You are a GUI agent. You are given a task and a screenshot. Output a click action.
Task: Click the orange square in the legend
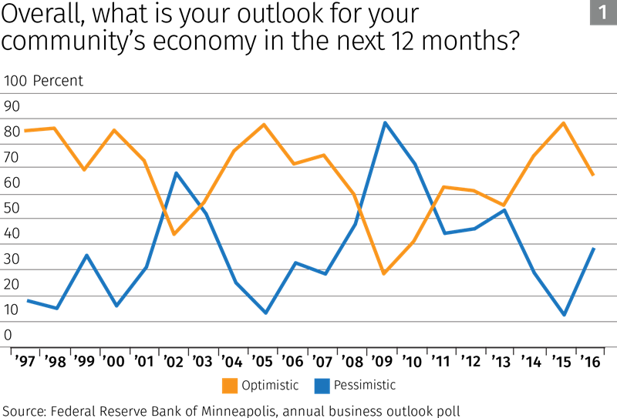230,386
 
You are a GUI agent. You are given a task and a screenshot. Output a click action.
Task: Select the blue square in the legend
322,386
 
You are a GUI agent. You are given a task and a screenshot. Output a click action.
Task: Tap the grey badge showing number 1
602,12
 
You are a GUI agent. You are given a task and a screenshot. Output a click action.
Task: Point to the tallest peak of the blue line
385,122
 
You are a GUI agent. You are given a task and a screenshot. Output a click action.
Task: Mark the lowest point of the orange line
383,274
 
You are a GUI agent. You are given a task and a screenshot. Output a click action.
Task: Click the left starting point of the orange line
25,131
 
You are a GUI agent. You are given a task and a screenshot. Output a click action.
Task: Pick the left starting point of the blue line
27,300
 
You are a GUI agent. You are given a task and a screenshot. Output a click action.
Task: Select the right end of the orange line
593,176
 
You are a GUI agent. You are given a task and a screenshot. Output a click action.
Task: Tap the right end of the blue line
594,249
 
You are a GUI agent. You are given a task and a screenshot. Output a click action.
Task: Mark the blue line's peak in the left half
176,172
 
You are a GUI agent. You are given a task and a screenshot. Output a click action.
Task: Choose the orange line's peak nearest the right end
564,122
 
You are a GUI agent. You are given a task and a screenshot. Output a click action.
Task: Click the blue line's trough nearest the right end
565,315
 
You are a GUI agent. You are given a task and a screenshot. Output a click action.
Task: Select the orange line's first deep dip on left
174,234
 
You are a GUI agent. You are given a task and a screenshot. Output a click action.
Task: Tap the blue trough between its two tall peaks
265,313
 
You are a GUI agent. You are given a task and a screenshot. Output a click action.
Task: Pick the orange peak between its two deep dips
265,124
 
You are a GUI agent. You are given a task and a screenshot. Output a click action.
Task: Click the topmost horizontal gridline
308,93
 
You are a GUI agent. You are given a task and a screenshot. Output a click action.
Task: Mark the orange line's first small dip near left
84,169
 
